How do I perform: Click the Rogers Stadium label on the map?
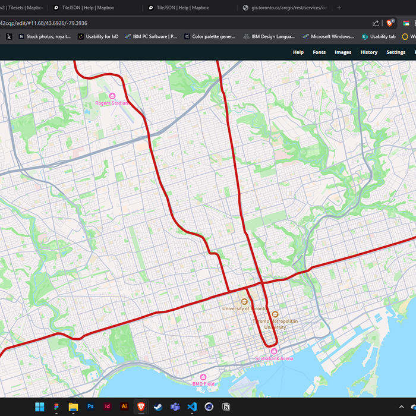[112, 103]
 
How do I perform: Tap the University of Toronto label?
[244, 308]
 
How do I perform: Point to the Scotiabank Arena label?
[274, 358]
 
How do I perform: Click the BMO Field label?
[203, 384]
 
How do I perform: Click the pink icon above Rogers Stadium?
[112, 96]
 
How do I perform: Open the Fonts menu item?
[319, 52]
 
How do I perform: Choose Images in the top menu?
[343, 52]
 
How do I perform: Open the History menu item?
[368, 52]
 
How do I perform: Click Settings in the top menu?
[396, 52]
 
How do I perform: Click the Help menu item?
[298, 52]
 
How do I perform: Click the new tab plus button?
[339, 8]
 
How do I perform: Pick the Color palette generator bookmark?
[210, 36]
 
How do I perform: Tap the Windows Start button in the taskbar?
[39, 407]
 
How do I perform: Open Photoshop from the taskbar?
[90, 407]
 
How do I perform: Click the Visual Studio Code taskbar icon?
[192, 407]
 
